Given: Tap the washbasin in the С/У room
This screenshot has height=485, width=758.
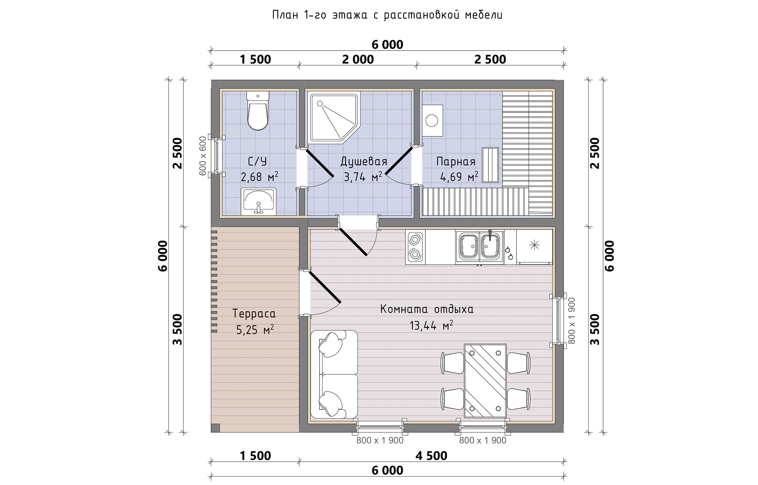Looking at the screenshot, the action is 259,202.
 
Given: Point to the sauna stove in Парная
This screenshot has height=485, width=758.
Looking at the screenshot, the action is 432,120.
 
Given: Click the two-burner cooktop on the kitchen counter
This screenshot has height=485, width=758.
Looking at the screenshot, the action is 415,247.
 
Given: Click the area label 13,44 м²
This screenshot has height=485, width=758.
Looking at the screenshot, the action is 431,326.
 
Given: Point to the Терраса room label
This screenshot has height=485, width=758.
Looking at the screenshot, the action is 254,314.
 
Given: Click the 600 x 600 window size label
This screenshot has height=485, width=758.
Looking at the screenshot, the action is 203,156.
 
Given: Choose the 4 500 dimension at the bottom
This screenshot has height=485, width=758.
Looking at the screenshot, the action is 431,456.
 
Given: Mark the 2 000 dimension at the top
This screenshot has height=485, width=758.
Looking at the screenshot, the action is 358,59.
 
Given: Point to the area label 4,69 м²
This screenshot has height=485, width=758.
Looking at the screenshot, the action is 459,177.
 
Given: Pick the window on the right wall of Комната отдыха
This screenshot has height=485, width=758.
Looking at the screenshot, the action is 558,320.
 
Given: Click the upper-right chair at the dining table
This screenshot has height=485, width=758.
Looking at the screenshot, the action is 518,363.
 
